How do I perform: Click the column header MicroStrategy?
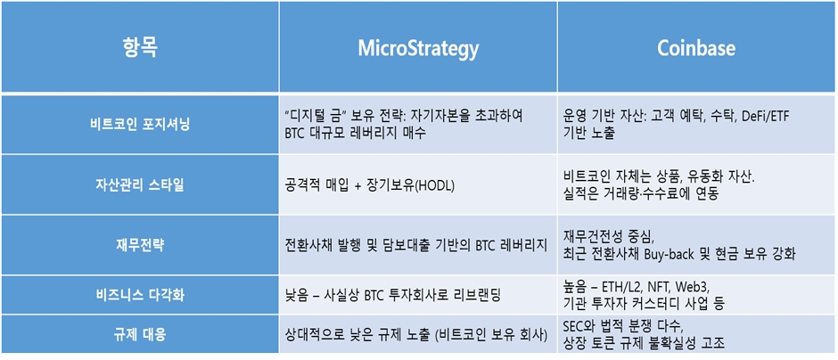coord(418,49)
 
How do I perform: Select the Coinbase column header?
coord(696,49)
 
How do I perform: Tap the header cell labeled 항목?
coord(140,49)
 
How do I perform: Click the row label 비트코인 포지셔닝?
coord(139,125)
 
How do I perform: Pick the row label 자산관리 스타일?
coord(139,185)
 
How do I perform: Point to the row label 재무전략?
coord(139,246)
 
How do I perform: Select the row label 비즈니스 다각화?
coord(139,295)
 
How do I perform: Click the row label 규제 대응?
coord(139,335)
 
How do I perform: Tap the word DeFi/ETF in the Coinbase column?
coord(765,118)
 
